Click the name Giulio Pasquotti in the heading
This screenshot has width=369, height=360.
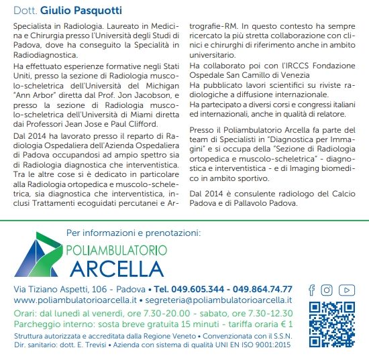(81, 11)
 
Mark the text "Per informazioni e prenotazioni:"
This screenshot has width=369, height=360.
(134, 233)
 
